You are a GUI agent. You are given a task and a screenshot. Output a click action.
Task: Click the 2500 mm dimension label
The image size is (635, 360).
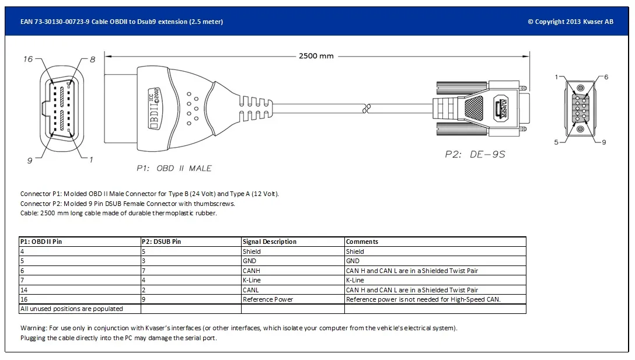(316, 56)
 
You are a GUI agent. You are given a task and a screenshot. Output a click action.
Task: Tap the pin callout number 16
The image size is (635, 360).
(28, 59)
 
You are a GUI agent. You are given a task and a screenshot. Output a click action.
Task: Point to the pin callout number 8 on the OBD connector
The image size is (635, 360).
(92, 60)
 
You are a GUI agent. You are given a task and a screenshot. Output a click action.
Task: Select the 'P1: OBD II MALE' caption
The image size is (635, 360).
(174, 168)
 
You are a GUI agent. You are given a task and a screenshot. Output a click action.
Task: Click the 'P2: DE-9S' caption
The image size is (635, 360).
(474, 155)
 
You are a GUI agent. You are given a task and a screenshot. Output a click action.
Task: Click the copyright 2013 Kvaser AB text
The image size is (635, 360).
(570, 22)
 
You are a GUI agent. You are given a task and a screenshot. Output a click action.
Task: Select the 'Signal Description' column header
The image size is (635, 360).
(270, 242)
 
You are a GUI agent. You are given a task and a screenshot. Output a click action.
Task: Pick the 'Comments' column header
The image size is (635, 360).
(362, 242)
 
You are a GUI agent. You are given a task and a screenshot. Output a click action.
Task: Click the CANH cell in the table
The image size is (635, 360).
(252, 271)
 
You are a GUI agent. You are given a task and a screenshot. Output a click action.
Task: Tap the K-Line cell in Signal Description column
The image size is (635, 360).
(252, 280)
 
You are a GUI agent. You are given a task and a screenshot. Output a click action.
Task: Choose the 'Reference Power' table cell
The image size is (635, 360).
(268, 299)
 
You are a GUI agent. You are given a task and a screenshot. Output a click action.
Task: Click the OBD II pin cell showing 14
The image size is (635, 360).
(24, 290)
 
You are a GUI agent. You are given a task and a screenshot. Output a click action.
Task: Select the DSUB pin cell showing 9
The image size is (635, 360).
(144, 299)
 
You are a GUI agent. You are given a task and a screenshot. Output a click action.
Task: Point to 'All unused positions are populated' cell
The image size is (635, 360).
(71, 309)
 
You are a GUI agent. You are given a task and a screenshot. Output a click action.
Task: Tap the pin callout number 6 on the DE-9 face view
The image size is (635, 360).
(606, 77)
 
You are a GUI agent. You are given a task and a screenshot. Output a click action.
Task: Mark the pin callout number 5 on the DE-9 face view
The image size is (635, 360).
(556, 142)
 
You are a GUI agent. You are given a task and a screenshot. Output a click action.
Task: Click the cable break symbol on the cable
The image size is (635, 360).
(366, 108)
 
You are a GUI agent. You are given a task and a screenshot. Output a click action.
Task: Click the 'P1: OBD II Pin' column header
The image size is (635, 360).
(41, 242)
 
